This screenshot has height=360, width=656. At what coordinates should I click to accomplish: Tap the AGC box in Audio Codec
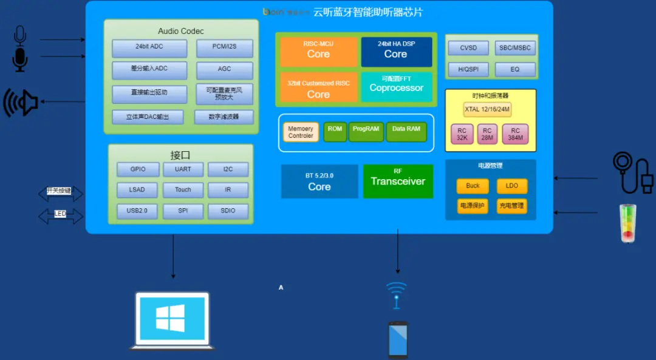(225, 70)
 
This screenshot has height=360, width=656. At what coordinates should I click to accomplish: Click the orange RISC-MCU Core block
(318, 51)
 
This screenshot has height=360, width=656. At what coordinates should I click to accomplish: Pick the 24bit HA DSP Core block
(396, 51)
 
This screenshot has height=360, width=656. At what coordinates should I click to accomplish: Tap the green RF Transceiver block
(398, 180)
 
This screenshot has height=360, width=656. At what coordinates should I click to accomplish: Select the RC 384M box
(515, 134)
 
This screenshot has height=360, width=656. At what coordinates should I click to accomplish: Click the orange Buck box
(473, 186)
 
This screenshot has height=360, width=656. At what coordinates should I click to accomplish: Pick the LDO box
(511, 186)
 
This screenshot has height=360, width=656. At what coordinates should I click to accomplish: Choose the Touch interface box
(183, 190)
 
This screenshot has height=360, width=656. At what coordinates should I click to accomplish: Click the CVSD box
(468, 48)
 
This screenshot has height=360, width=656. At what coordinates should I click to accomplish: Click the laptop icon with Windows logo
(172, 320)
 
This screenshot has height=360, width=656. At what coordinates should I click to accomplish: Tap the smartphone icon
(398, 339)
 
